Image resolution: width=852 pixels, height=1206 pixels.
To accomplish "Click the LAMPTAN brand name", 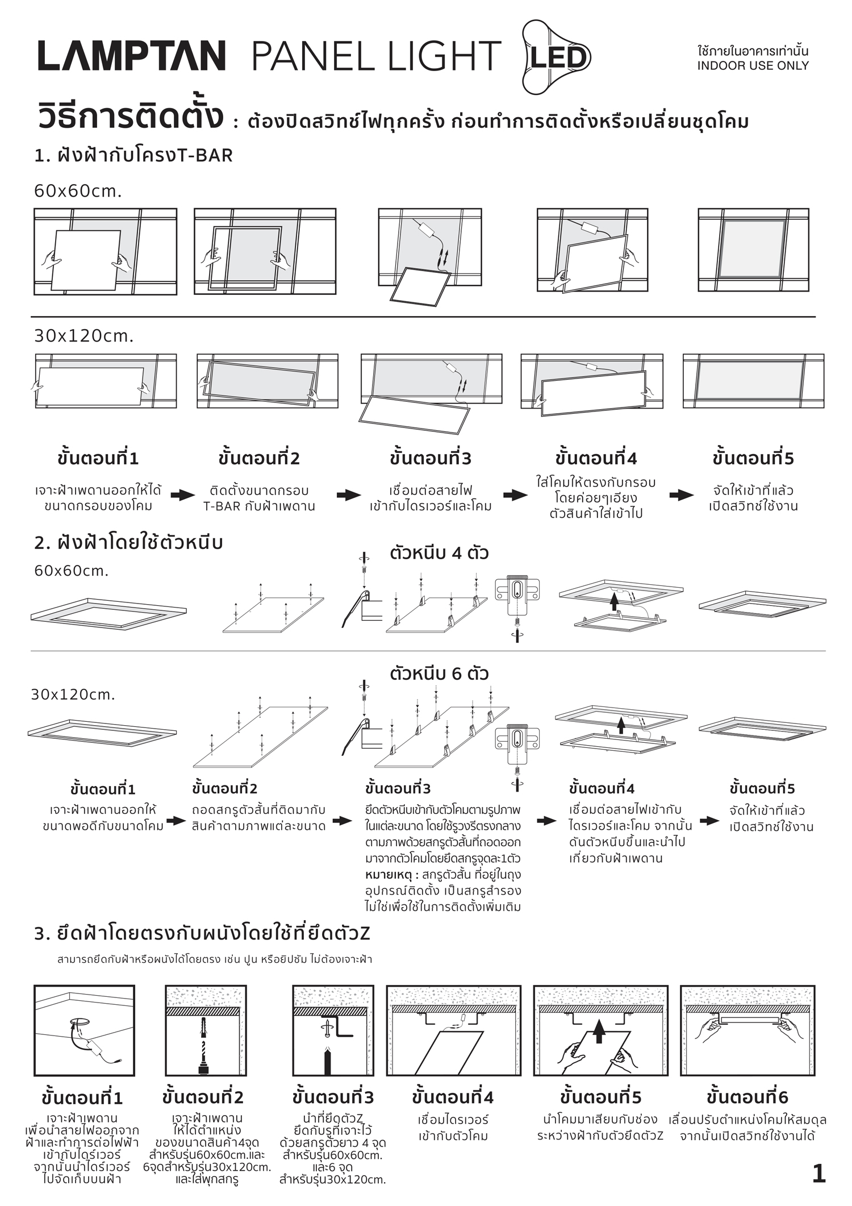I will tap(132, 56).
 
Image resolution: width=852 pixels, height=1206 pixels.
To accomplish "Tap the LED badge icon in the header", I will tap(557, 57).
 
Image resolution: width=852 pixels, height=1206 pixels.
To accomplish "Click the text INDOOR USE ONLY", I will tap(753, 66).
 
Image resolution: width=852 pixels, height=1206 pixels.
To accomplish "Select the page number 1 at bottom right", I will tap(818, 1174).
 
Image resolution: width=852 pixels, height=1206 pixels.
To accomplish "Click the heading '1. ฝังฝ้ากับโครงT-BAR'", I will tap(133, 155).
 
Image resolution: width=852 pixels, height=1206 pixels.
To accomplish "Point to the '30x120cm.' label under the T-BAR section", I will tap(83, 336).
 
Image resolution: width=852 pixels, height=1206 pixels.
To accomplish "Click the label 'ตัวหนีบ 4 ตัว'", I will tap(439, 553).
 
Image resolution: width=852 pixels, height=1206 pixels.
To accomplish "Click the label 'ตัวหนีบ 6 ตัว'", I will tap(439, 673).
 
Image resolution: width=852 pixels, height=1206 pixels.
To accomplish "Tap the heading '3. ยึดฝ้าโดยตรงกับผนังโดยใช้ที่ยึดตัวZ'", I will tap(202, 933).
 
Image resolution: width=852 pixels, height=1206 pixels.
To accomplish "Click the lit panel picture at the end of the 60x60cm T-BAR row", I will tap(753, 249).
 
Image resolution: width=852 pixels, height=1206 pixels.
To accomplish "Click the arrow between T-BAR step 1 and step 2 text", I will tap(182, 495).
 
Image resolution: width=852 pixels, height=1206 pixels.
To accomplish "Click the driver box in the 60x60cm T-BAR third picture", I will tap(427, 230).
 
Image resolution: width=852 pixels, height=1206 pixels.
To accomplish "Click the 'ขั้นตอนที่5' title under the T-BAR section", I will tap(753, 458).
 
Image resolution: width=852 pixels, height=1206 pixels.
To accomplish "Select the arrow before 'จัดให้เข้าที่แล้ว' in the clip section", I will tap(709, 821).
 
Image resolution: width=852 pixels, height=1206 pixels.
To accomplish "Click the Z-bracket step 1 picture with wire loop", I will tap(84, 1030).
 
